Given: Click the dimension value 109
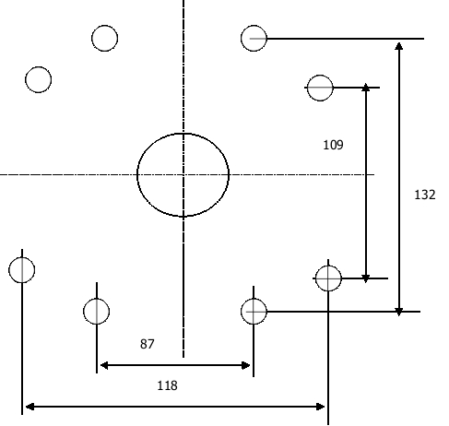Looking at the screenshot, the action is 333,145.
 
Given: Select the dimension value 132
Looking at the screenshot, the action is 425,195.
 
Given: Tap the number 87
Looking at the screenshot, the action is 147,344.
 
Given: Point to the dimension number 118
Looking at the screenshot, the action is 167,385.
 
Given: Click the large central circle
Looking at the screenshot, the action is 137,175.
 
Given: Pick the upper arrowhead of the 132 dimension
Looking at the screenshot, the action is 399,46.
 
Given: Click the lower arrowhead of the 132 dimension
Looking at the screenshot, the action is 399,312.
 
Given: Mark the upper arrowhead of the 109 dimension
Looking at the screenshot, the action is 366,87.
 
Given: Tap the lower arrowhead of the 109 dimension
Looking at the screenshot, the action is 366,278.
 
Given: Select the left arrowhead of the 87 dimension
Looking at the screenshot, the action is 104,365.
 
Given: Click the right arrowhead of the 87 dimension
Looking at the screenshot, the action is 246,365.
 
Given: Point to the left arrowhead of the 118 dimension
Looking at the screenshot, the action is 30,407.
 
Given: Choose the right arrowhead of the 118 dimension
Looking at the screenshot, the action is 321,407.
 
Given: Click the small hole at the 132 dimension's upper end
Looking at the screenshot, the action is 254,38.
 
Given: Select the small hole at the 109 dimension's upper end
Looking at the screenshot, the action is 320,88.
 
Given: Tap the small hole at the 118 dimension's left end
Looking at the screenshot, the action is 22,270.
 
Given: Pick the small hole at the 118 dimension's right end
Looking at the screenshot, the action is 328,278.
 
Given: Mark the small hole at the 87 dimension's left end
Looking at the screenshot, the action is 96,312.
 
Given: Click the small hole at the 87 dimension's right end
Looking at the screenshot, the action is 254,312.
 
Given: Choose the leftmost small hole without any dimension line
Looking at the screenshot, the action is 38,79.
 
